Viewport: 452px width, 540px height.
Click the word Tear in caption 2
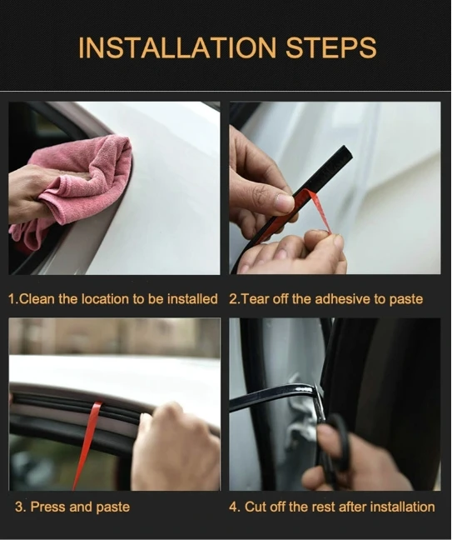[255, 298]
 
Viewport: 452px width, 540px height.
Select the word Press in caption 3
[49, 507]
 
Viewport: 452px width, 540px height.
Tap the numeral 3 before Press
[19, 507]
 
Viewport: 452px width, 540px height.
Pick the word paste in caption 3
[113, 507]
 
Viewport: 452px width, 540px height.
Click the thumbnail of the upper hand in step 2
[284, 202]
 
